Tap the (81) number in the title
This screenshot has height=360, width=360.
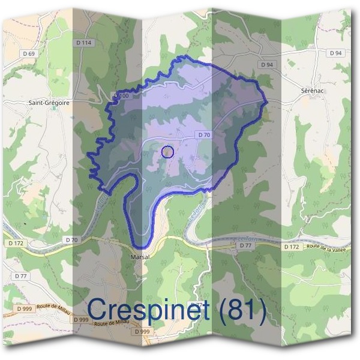tap(240, 310)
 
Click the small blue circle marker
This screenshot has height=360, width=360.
tap(168, 152)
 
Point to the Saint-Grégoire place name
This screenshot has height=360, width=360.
tap(49, 103)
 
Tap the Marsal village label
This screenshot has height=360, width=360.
tap(140, 256)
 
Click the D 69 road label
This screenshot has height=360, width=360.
tap(28, 54)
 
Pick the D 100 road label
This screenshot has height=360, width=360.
tap(121, 96)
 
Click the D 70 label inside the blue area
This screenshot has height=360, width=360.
tap(203, 136)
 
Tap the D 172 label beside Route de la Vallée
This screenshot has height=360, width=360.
tap(291, 247)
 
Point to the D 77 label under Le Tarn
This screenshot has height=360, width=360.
tap(244, 245)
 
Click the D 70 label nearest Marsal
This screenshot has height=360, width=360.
tap(71, 240)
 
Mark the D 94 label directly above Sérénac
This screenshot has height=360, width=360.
tap(335, 53)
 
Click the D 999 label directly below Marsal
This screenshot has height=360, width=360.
tap(142, 332)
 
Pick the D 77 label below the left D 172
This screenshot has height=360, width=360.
tap(20, 276)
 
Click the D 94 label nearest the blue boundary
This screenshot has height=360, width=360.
tap(267, 64)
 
